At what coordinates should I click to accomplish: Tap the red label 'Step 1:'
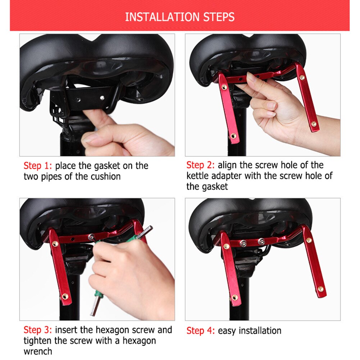38,166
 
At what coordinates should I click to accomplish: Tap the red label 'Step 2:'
200,165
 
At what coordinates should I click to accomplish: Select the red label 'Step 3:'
38,330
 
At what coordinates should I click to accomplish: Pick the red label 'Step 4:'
200,331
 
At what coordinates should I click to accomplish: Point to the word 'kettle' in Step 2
199,176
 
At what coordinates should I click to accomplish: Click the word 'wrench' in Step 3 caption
38,351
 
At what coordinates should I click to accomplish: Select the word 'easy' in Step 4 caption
228,331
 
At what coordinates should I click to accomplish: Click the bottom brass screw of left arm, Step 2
233,136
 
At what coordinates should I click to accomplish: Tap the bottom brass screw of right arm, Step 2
314,124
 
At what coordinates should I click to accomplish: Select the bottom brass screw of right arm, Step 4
320,289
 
